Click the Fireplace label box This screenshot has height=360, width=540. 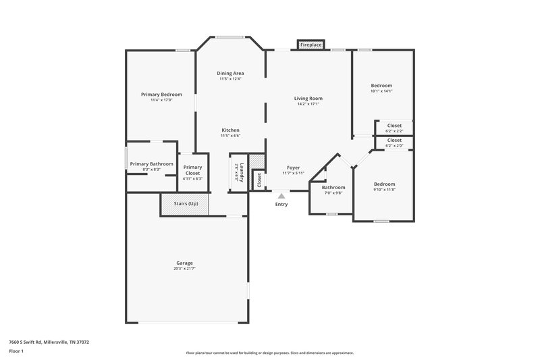click(310, 45)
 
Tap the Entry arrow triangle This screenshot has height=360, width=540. click(281, 197)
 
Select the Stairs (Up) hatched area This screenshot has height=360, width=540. click(184, 203)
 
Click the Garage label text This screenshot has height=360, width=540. click(184, 263)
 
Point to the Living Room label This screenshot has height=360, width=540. click(308, 99)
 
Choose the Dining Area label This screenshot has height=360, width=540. click(230, 73)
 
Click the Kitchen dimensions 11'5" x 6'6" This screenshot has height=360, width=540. click(230, 136)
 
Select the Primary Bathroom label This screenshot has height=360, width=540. click(152, 164)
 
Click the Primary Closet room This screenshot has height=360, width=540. click(192, 172)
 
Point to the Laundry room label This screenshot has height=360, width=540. click(239, 172)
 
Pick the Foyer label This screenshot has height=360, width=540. click(293, 168)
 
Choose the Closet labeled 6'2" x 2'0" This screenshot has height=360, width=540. click(394, 143)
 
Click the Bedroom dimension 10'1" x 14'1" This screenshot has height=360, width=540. click(381, 91)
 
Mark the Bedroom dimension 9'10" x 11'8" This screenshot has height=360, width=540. click(384, 189)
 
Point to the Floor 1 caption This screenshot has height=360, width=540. click(17, 352)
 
